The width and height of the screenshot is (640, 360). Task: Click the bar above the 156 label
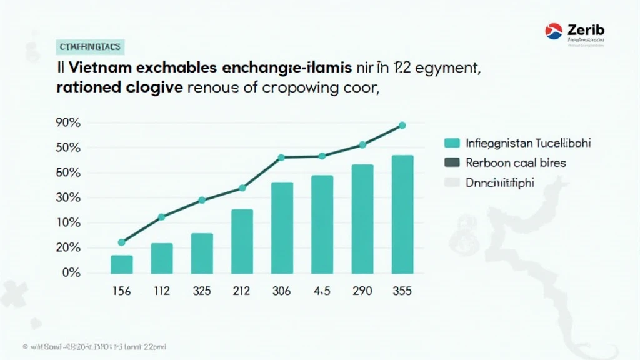tap(122, 264)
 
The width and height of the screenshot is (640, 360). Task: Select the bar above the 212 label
tap(242, 241)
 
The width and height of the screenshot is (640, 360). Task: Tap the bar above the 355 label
tap(402, 214)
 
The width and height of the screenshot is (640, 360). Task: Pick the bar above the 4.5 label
tap(322, 224)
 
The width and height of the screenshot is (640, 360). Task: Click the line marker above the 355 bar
tap(402, 126)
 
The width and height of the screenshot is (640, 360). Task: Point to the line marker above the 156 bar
tap(122, 242)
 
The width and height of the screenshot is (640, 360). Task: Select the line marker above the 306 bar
tap(281, 157)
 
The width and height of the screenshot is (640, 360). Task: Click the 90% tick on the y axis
tap(68, 123)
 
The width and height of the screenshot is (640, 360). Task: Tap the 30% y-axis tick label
tap(68, 198)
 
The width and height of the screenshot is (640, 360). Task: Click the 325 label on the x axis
tap(202, 291)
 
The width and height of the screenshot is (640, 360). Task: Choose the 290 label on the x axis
tap(362, 291)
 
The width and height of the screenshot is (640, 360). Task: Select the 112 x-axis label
tap(161, 291)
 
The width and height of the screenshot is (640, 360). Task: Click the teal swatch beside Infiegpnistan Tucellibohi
tap(451, 143)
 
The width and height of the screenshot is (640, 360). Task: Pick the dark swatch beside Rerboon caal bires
tap(451, 162)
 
